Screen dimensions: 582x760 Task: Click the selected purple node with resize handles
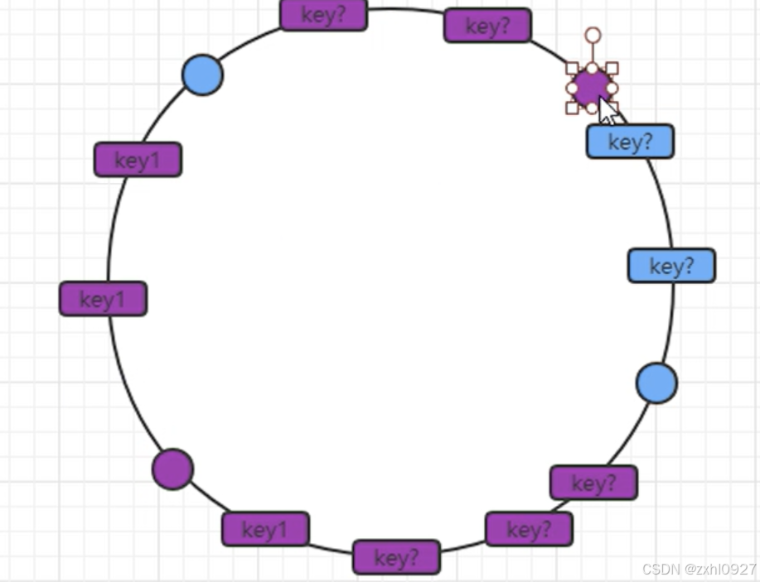590,86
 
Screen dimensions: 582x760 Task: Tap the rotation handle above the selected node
593,35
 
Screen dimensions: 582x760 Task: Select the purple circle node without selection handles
172,469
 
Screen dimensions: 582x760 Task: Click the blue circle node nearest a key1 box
202,75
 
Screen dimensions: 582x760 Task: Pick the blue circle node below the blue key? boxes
656,382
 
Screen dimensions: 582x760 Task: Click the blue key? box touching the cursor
630,142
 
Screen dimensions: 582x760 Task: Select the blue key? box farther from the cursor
671,266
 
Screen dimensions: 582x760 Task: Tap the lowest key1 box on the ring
265,529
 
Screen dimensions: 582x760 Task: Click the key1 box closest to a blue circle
138,160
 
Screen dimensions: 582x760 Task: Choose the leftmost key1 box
103,299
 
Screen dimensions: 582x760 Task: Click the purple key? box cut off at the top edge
323,15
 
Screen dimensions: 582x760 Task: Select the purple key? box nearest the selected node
487,26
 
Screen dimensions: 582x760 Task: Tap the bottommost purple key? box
396,557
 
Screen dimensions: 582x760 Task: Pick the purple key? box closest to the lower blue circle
593,483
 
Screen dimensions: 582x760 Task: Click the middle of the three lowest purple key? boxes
529,529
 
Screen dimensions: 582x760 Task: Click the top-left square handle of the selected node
572,68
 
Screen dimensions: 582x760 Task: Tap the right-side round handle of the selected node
612,88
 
